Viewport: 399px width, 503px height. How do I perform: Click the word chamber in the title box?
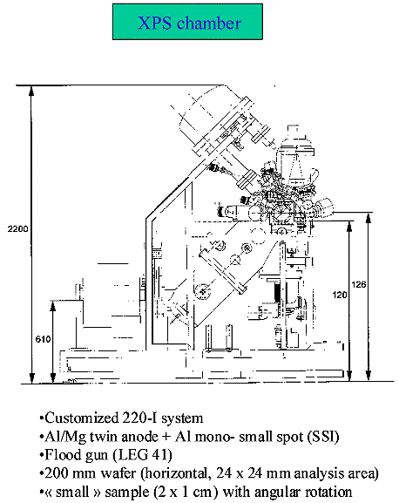pos(209,23)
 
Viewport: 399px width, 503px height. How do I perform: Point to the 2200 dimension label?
pos(18,228)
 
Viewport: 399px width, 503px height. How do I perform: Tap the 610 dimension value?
pos(43,339)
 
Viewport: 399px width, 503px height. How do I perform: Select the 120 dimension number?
pos(340,295)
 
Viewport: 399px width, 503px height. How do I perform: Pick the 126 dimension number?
pos(359,284)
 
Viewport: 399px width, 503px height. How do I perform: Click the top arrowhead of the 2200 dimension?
pos(31,91)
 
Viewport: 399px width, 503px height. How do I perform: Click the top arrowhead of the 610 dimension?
pos(53,306)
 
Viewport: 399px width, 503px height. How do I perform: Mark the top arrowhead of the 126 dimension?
pos(369,217)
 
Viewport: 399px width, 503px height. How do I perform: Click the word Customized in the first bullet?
pos(82,418)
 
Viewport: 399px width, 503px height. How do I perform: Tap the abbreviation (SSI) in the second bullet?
pos(322,437)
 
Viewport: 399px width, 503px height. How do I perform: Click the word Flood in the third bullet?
pos(63,455)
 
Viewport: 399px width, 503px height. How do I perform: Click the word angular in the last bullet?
pos(277,493)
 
